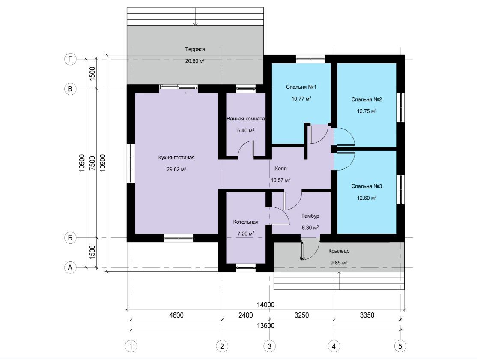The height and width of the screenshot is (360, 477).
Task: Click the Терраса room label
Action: point(195,49)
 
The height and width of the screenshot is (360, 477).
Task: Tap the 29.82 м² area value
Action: point(176,169)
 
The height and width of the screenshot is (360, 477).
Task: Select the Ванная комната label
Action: point(245,118)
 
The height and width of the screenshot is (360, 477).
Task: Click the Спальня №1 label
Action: point(301,87)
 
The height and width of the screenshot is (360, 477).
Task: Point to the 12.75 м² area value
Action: point(367,111)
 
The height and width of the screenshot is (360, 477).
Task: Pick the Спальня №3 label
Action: point(367,186)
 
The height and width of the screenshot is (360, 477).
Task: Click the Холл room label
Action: point(280,168)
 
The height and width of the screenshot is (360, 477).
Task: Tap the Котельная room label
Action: point(246,222)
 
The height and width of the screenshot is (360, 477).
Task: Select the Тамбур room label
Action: point(310,216)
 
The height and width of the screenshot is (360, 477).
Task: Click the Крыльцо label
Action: point(339,251)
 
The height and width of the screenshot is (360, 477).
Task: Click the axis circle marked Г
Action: point(70,59)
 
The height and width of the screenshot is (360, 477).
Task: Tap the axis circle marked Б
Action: point(70,237)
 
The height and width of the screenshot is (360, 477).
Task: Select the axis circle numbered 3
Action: point(269,346)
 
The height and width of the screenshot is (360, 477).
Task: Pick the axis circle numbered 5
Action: point(400,346)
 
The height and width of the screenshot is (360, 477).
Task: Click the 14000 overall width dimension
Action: point(265,305)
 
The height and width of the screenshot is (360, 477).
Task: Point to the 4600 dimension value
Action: point(176,315)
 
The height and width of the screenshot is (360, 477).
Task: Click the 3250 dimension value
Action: point(302,315)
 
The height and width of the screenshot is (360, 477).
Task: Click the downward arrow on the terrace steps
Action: point(195,16)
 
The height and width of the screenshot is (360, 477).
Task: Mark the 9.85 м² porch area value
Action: point(339,263)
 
